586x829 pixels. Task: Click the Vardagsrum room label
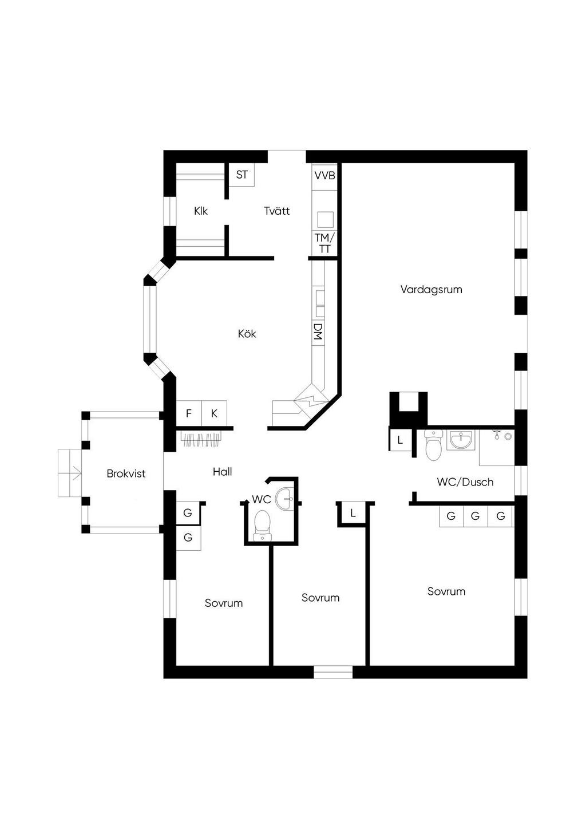431,290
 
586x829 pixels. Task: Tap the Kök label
247,333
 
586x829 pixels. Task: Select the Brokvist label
126,473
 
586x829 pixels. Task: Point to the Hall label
223,472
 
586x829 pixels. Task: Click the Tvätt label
277,211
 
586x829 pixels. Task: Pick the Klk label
201,211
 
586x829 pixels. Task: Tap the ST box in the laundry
241,175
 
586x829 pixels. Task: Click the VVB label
325,175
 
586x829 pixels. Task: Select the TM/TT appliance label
324,243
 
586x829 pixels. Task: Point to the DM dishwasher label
318,331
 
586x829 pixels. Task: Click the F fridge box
189,413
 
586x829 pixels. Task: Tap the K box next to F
214,413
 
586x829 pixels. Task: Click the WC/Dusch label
465,482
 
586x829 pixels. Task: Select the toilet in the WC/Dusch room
433,445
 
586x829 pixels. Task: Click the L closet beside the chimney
400,440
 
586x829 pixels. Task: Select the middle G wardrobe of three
476,515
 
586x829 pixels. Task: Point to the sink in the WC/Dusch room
461,440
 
